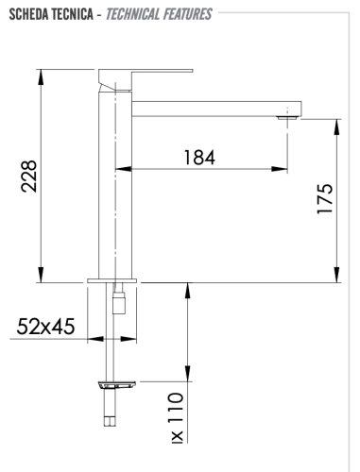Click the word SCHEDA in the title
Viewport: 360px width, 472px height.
[x=27, y=14]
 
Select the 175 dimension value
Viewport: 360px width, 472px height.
[x=325, y=201]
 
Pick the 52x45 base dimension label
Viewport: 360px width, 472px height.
[x=45, y=327]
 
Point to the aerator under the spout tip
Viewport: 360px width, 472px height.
[x=286, y=117]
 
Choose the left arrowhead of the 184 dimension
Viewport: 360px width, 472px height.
[x=120, y=169]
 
